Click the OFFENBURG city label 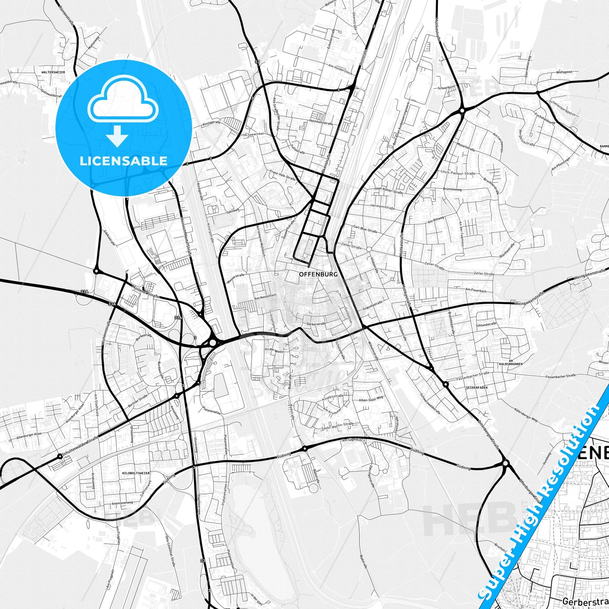[x=318, y=274]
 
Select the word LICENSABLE [x=123, y=161]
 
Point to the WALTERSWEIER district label [x=53, y=72]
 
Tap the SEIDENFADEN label [x=477, y=387]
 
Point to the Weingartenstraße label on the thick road [x=529, y=300]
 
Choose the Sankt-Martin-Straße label [x=337, y=426]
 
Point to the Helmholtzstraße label [x=321, y=122]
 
